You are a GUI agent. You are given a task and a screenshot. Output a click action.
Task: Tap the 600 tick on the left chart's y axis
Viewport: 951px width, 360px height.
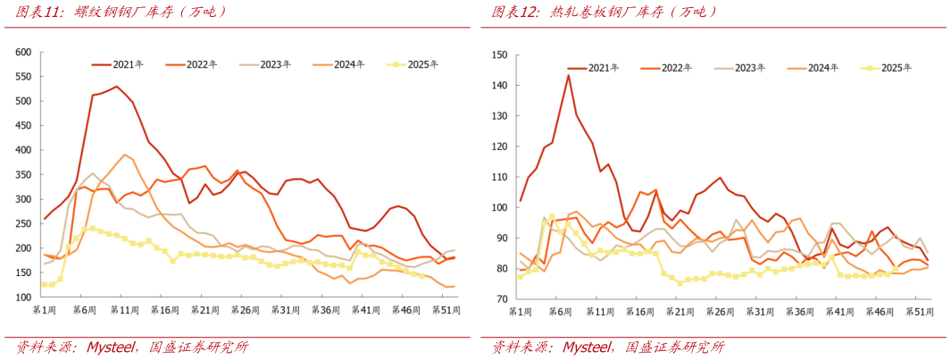(23, 52)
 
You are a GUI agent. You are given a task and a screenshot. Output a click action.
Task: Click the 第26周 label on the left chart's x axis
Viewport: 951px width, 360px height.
(245, 310)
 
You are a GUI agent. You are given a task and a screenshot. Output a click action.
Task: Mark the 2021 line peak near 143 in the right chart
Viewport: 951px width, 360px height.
(568, 75)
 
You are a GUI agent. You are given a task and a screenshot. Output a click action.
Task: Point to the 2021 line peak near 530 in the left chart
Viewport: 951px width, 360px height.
(116, 87)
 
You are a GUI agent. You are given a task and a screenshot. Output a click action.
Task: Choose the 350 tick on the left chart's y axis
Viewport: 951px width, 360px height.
(23, 175)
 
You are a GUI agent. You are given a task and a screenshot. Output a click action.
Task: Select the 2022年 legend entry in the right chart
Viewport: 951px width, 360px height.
(665, 68)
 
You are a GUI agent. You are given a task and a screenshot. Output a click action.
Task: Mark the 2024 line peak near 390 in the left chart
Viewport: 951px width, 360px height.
(125, 155)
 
